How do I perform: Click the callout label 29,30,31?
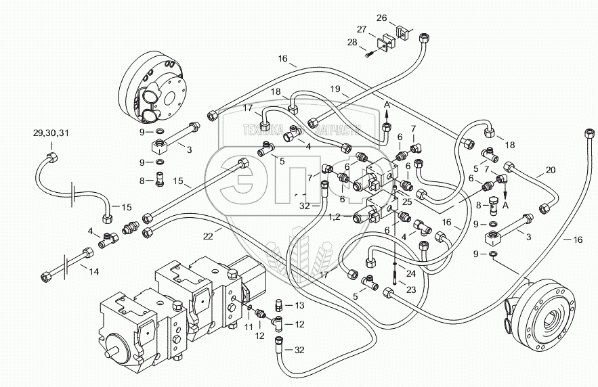coord(51,132)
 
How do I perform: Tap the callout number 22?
coord(208,236)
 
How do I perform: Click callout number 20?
coord(551,171)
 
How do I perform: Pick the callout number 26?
coord(381,18)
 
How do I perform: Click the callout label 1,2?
coord(334,217)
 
